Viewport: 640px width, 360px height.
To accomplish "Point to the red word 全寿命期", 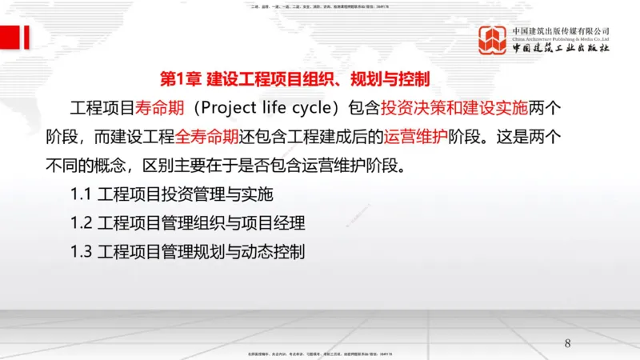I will (x=206, y=137).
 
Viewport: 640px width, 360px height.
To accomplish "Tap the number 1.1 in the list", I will (x=82, y=194).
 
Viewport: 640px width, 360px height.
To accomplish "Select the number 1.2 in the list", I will (x=82, y=223).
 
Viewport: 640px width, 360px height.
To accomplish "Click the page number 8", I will (x=568, y=344).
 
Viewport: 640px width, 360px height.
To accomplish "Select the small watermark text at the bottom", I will (x=320, y=354).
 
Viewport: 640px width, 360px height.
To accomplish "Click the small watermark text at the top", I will (x=320, y=5).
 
